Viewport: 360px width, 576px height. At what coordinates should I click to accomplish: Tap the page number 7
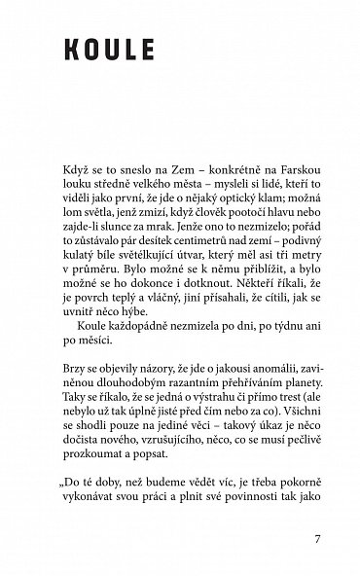point(317,538)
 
